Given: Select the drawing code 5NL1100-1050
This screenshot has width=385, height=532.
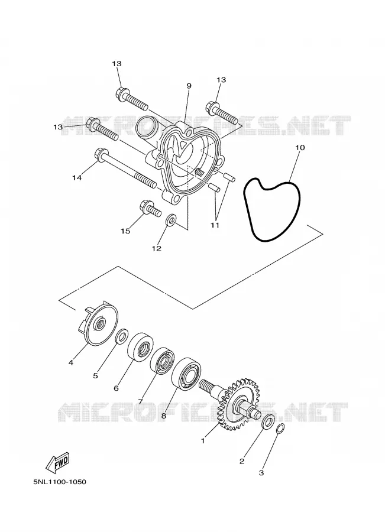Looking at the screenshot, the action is point(60,482).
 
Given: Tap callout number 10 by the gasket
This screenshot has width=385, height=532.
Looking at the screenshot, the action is point(300,148).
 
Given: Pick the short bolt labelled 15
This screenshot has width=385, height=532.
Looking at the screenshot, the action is point(150,209).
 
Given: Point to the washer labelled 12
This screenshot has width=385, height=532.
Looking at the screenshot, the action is point(171,219).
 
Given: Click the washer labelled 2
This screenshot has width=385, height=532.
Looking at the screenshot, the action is point(268,421).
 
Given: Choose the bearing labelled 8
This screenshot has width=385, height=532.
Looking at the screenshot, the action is point(186,372).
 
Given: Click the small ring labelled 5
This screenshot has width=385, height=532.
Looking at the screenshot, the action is point(122,336).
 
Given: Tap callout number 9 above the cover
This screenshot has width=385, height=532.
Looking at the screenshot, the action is point(189,86).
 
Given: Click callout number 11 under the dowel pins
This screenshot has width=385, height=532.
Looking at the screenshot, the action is point(215,225).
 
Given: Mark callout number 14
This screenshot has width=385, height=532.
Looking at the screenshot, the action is point(77,177).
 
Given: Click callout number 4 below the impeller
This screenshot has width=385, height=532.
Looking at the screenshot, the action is point(70,363).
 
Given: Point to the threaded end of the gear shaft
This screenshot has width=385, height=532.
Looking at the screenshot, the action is point(208,386).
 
